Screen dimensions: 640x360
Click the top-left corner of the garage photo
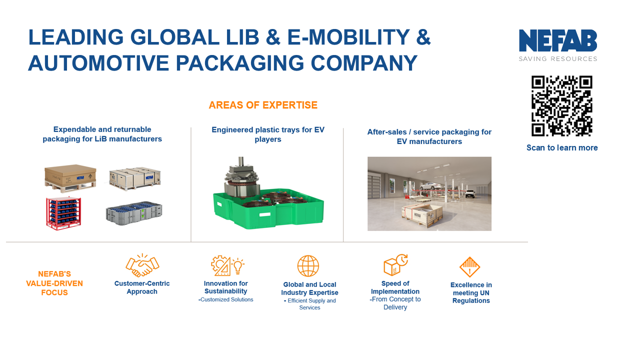tap(367, 157)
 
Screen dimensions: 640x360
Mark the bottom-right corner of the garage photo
tap(491, 230)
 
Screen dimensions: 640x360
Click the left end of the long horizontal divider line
tap(6, 242)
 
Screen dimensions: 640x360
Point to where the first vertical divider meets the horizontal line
tap(191, 242)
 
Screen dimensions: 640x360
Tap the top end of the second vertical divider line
tap(343, 128)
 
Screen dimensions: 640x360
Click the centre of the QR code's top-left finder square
tap(538, 82)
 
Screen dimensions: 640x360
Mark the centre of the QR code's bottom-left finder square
tap(538, 129)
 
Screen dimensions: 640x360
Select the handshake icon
tap(142, 265)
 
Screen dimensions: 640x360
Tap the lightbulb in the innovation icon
tap(237, 265)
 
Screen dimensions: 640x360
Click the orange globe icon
tap(308, 266)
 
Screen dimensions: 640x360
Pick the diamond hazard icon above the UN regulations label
tap(469, 267)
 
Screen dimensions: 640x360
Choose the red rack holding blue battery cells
tap(63, 213)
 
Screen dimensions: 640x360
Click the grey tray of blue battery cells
tap(134, 213)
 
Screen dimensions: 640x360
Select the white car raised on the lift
tap(429, 186)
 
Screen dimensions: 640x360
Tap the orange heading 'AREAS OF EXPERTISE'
tap(263, 105)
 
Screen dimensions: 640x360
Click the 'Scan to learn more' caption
tap(562, 147)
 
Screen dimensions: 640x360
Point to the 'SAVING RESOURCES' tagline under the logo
tap(558, 59)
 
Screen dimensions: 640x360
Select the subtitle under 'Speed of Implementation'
tap(395, 303)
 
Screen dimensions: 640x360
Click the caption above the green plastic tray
tap(268, 134)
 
